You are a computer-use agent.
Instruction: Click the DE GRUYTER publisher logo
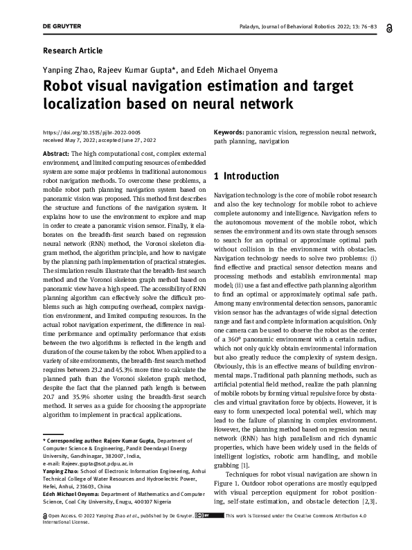point(62,26)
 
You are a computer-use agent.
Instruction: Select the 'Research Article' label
point(73,51)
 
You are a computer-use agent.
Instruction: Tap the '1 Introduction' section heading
point(247,176)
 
